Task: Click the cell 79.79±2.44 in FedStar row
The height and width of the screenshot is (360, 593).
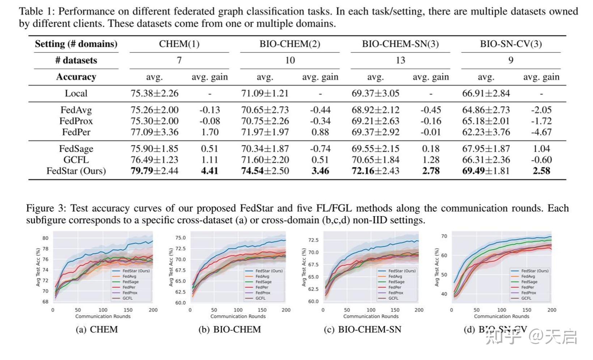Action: [154, 171]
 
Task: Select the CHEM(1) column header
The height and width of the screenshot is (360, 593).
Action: [179, 44]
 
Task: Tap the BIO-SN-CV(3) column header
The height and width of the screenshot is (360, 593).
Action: [511, 44]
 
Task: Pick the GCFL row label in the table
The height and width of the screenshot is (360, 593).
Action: [76, 160]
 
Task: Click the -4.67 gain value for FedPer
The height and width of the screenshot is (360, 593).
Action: [541, 132]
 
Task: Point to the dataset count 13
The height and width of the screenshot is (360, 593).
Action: [400, 60]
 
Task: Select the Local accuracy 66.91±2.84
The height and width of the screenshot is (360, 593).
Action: [486, 93]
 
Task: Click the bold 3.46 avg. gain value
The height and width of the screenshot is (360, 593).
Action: [320, 171]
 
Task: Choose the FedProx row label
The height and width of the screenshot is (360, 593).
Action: [76, 121]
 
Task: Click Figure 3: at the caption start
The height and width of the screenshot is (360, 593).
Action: [46, 208]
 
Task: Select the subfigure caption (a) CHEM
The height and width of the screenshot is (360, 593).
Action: [97, 330]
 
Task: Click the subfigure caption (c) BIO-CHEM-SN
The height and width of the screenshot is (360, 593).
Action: [362, 330]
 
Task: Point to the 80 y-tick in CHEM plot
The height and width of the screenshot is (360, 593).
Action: [45, 238]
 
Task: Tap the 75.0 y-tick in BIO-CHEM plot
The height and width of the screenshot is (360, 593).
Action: [180, 238]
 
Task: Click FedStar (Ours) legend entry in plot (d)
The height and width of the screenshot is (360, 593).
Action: [534, 271]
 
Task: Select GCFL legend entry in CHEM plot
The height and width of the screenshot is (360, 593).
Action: [127, 298]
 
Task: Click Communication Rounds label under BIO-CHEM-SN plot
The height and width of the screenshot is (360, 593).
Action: [371, 316]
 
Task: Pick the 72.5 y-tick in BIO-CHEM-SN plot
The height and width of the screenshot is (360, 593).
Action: [313, 240]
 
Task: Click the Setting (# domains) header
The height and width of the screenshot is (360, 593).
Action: [76, 44]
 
